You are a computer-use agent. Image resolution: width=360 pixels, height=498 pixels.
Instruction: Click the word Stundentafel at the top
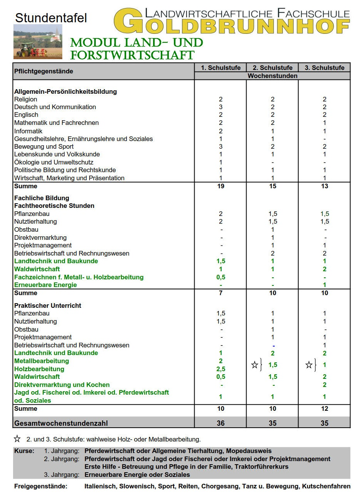[51, 18]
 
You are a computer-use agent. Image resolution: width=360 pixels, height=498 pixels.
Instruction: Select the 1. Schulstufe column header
[220, 68]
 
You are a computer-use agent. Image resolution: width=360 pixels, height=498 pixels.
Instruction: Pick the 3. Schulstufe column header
[324, 68]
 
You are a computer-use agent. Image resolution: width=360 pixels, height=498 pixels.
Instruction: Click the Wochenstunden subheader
[272, 76]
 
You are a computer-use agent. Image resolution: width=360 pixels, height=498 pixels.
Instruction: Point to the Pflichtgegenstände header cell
[43, 71]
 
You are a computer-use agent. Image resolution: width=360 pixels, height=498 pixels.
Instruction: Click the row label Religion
[26, 99]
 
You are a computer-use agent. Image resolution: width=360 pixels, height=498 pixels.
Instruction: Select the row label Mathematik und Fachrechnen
[57, 123]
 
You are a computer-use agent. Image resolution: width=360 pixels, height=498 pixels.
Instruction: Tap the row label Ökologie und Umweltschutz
[54, 162]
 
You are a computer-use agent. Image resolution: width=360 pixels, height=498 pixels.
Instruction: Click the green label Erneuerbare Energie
[45, 285]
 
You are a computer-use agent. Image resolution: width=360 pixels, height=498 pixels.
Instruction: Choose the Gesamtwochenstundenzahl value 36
[221, 423]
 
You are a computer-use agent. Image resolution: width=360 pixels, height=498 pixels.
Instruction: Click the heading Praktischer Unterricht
[48, 305]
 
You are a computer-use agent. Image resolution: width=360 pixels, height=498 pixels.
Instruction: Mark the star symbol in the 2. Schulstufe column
[255, 365]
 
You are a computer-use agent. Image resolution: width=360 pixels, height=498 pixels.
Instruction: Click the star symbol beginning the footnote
[17, 439]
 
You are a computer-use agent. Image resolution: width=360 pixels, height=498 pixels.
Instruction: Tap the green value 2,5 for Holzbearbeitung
[221, 369]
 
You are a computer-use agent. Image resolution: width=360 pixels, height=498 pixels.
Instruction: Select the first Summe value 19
[221, 186]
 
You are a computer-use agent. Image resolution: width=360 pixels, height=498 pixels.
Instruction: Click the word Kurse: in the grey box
[24, 451]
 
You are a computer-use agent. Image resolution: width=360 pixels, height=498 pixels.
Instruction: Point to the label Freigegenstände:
[41, 486]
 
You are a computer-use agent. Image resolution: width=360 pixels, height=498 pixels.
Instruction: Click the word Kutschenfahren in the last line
[326, 486]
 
